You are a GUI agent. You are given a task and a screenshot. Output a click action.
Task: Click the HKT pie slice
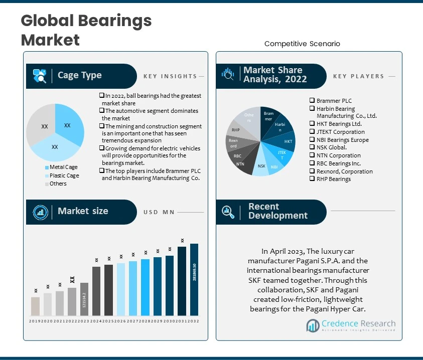click(x=287, y=141)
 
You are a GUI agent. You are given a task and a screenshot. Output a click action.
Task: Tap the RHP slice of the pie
click(x=236, y=130)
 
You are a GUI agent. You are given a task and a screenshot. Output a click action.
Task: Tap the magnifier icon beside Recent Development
click(x=228, y=212)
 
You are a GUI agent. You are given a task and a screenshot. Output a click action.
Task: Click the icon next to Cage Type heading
click(x=40, y=76)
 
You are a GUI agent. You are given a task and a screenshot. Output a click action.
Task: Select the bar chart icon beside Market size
click(x=40, y=212)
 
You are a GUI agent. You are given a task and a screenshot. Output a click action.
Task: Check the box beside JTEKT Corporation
click(x=312, y=132)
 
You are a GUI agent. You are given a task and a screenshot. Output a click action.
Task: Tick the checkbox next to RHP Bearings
click(x=312, y=179)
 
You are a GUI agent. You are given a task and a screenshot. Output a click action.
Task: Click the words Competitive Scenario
click(x=302, y=44)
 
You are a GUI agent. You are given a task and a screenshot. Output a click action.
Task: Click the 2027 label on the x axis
click(x=133, y=321)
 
